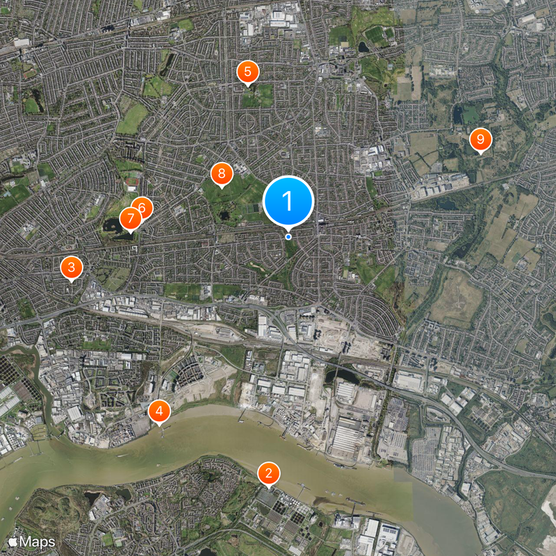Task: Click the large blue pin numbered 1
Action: pos(288,201)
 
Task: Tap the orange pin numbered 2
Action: pos(268,474)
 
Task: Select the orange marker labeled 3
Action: pos(71,267)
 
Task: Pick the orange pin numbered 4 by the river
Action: pos(159,411)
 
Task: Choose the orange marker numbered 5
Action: pos(247,71)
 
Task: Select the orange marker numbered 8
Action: pos(221,174)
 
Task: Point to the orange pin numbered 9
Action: pos(480,140)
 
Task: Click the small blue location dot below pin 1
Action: pos(288,237)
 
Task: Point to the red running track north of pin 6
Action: pos(133,182)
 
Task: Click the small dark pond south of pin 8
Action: pos(224,216)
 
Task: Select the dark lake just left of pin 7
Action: pos(111,224)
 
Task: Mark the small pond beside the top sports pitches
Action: pos(364,47)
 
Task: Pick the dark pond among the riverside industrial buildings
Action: pos(345,376)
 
